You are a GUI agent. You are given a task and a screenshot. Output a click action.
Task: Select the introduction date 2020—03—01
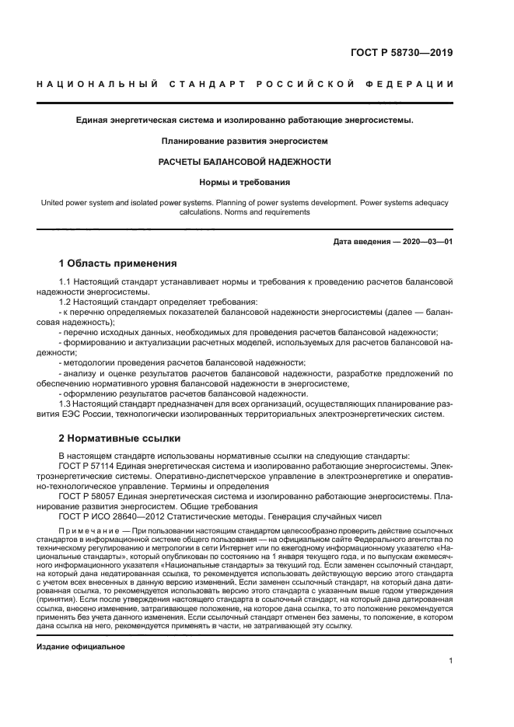click(428, 242)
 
